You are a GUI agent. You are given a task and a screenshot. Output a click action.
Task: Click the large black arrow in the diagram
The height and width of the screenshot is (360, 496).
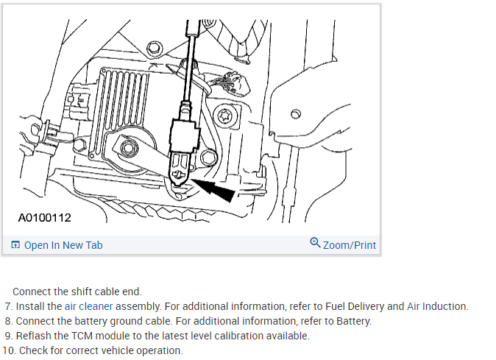click(x=218, y=188)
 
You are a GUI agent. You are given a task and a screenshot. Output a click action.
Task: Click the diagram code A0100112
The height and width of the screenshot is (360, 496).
click(x=46, y=219)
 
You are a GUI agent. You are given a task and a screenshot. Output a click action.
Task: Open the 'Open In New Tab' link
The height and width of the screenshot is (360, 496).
click(x=63, y=245)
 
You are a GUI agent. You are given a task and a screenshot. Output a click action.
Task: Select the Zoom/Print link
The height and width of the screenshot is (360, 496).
click(x=350, y=244)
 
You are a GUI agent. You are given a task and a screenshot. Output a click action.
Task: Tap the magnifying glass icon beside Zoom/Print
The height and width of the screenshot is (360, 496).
click(x=315, y=243)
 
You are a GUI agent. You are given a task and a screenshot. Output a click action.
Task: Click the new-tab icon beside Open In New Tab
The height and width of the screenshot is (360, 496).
click(x=15, y=245)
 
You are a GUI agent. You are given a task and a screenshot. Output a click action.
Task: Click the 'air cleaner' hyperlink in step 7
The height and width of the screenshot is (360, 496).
click(x=86, y=306)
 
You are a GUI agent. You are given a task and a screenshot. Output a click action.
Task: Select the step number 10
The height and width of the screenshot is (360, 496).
click(x=9, y=350)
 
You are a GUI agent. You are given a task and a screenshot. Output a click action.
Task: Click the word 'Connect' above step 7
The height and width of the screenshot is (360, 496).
click(x=32, y=292)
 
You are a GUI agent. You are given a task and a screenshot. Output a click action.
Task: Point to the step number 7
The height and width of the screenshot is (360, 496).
click(x=8, y=306)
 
